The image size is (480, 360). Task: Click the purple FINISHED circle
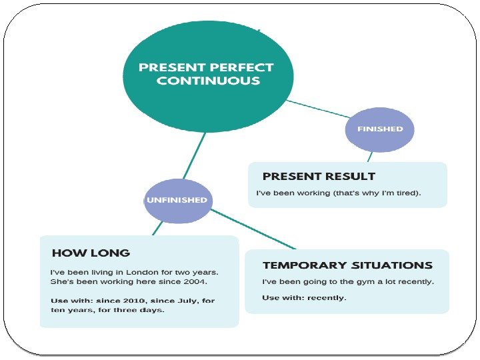[379, 129]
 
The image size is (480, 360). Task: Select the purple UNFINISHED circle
[177, 200]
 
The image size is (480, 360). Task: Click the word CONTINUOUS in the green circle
[207, 81]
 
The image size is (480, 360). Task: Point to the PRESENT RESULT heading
[319, 177]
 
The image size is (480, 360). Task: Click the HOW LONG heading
[91, 253]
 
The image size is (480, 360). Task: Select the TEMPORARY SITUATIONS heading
[347, 265]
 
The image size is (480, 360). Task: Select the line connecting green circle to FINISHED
[317, 111]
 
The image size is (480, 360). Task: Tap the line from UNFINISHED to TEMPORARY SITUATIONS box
[253, 229]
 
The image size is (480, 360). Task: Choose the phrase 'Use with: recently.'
[304, 297]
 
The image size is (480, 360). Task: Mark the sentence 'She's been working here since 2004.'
[129, 282]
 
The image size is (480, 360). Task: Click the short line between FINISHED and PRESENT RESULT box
[370, 156]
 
